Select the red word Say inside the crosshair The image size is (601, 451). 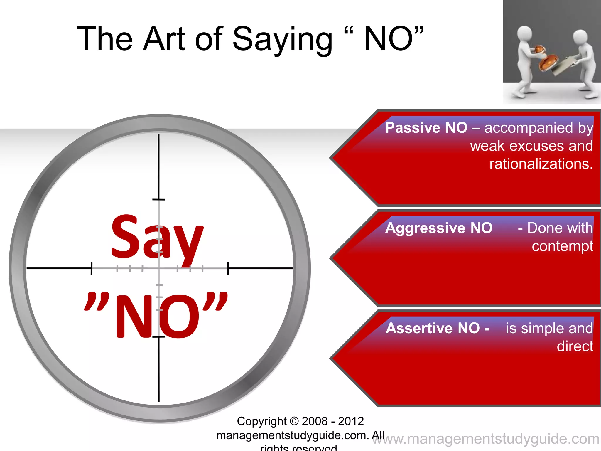coord(157,238)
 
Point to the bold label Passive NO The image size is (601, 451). coord(426,128)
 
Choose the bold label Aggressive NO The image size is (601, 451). coord(439,228)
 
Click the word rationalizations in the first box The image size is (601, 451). coord(541,164)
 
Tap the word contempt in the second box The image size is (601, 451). coord(562,246)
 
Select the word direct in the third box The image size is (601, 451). coord(575,346)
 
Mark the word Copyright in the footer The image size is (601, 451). coord(261,421)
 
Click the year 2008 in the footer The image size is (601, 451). coord(314,421)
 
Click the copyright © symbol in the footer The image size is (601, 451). coord(294,421)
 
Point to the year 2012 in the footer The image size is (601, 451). coord(351,421)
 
